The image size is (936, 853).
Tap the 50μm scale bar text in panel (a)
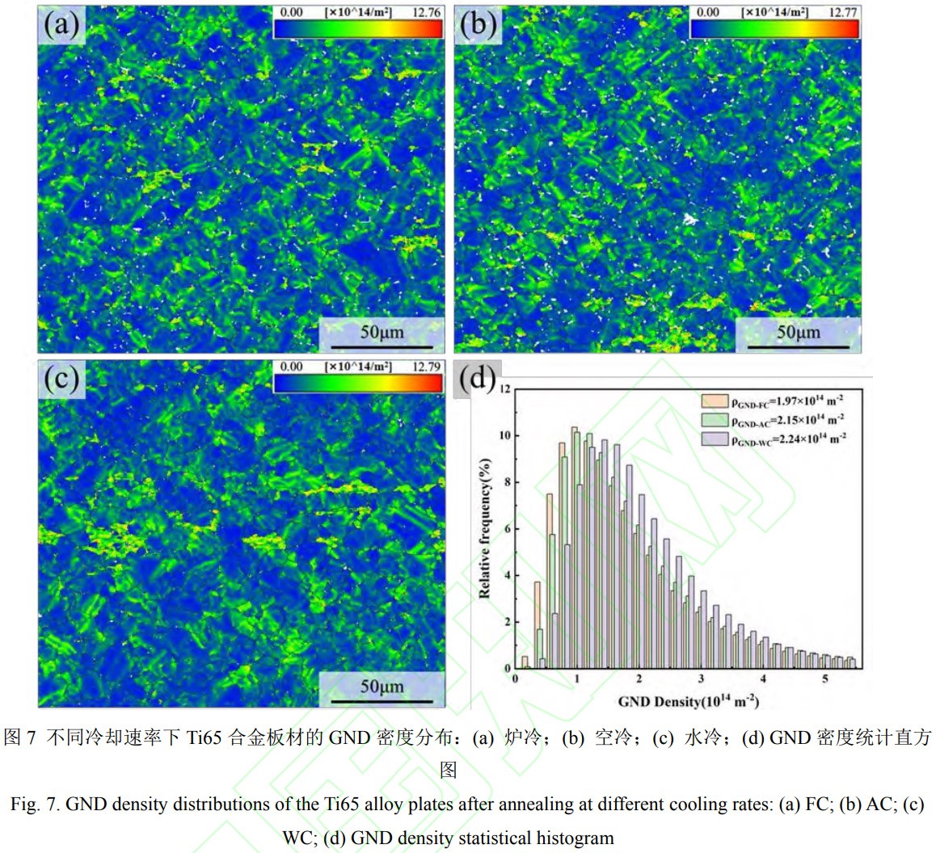(x=382, y=332)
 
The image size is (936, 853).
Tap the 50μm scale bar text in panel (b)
(x=798, y=332)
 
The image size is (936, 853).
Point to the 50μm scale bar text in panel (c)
(x=382, y=687)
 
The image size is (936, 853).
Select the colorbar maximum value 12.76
(x=426, y=12)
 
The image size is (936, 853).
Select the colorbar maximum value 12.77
(x=843, y=12)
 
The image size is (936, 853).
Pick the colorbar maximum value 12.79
(x=426, y=367)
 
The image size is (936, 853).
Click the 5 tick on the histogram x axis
(x=825, y=679)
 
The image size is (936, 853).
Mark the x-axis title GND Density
(x=688, y=700)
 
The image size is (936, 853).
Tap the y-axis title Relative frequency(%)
(x=485, y=529)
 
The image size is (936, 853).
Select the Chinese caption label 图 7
(x=20, y=737)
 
